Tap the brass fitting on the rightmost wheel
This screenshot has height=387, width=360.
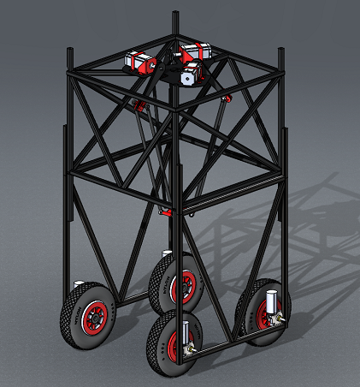[280, 319]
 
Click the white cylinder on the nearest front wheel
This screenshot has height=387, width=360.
[186, 331]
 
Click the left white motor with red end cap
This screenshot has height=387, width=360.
[140, 62]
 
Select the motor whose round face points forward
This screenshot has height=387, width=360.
[189, 76]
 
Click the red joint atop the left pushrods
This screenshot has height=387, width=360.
[137, 104]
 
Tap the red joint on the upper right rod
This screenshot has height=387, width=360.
[226, 98]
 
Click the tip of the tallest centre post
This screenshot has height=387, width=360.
[174, 15]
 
